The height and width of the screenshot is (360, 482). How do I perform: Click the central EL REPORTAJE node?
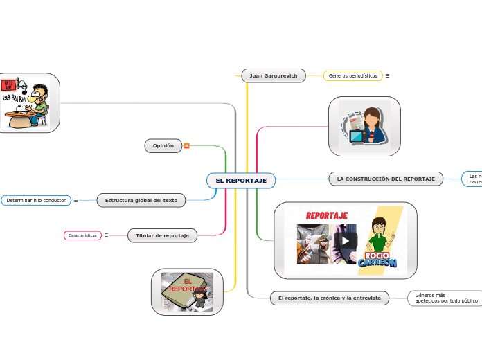[x=241, y=181]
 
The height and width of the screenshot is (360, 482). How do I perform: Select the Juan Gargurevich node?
[x=274, y=75]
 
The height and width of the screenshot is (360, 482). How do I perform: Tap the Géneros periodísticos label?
[x=352, y=75]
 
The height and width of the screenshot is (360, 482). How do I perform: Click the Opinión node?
[x=163, y=145]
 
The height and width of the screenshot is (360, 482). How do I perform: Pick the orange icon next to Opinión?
[x=186, y=145]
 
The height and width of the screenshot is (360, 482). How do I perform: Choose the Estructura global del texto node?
[x=141, y=200]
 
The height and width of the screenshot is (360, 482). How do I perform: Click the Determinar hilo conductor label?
[x=36, y=200]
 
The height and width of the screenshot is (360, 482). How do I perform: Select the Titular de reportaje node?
[x=162, y=235]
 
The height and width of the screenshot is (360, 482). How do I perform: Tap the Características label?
[x=82, y=235]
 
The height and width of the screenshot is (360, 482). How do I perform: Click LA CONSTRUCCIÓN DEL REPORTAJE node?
[x=386, y=179]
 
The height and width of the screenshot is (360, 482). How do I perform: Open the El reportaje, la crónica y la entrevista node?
[x=330, y=298]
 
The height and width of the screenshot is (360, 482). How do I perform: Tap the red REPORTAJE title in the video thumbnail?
[x=327, y=215]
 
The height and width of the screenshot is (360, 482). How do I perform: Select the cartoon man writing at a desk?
[x=28, y=102]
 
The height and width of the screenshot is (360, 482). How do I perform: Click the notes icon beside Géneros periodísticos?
[x=387, y=75]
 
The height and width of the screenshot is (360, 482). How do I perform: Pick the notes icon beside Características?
[x=106, y=235]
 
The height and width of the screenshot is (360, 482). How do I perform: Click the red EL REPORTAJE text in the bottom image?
[x=183, y=285]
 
